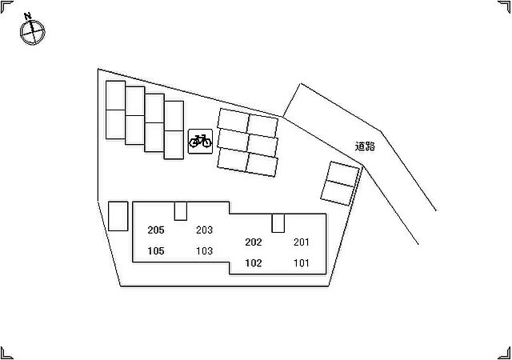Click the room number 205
(x=156, y=230)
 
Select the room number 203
(x=205, y=230)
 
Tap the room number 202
(x=254, y=242)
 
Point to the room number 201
(x=302, y=242)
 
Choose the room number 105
(x=156, y=251)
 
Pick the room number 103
(x=205, y=251)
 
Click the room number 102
(x=254, y=263)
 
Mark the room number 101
(x=302, y=263)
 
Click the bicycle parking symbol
(x=200, y=141)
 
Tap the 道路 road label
(x=365, y=146)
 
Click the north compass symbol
(x=32, y=32)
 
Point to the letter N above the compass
(x=28, y=16)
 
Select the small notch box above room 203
(x=181, y=211)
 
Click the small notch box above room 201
(x=278, y=223)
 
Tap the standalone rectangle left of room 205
(x=118, y=216)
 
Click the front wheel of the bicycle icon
(x=206, y=142)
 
